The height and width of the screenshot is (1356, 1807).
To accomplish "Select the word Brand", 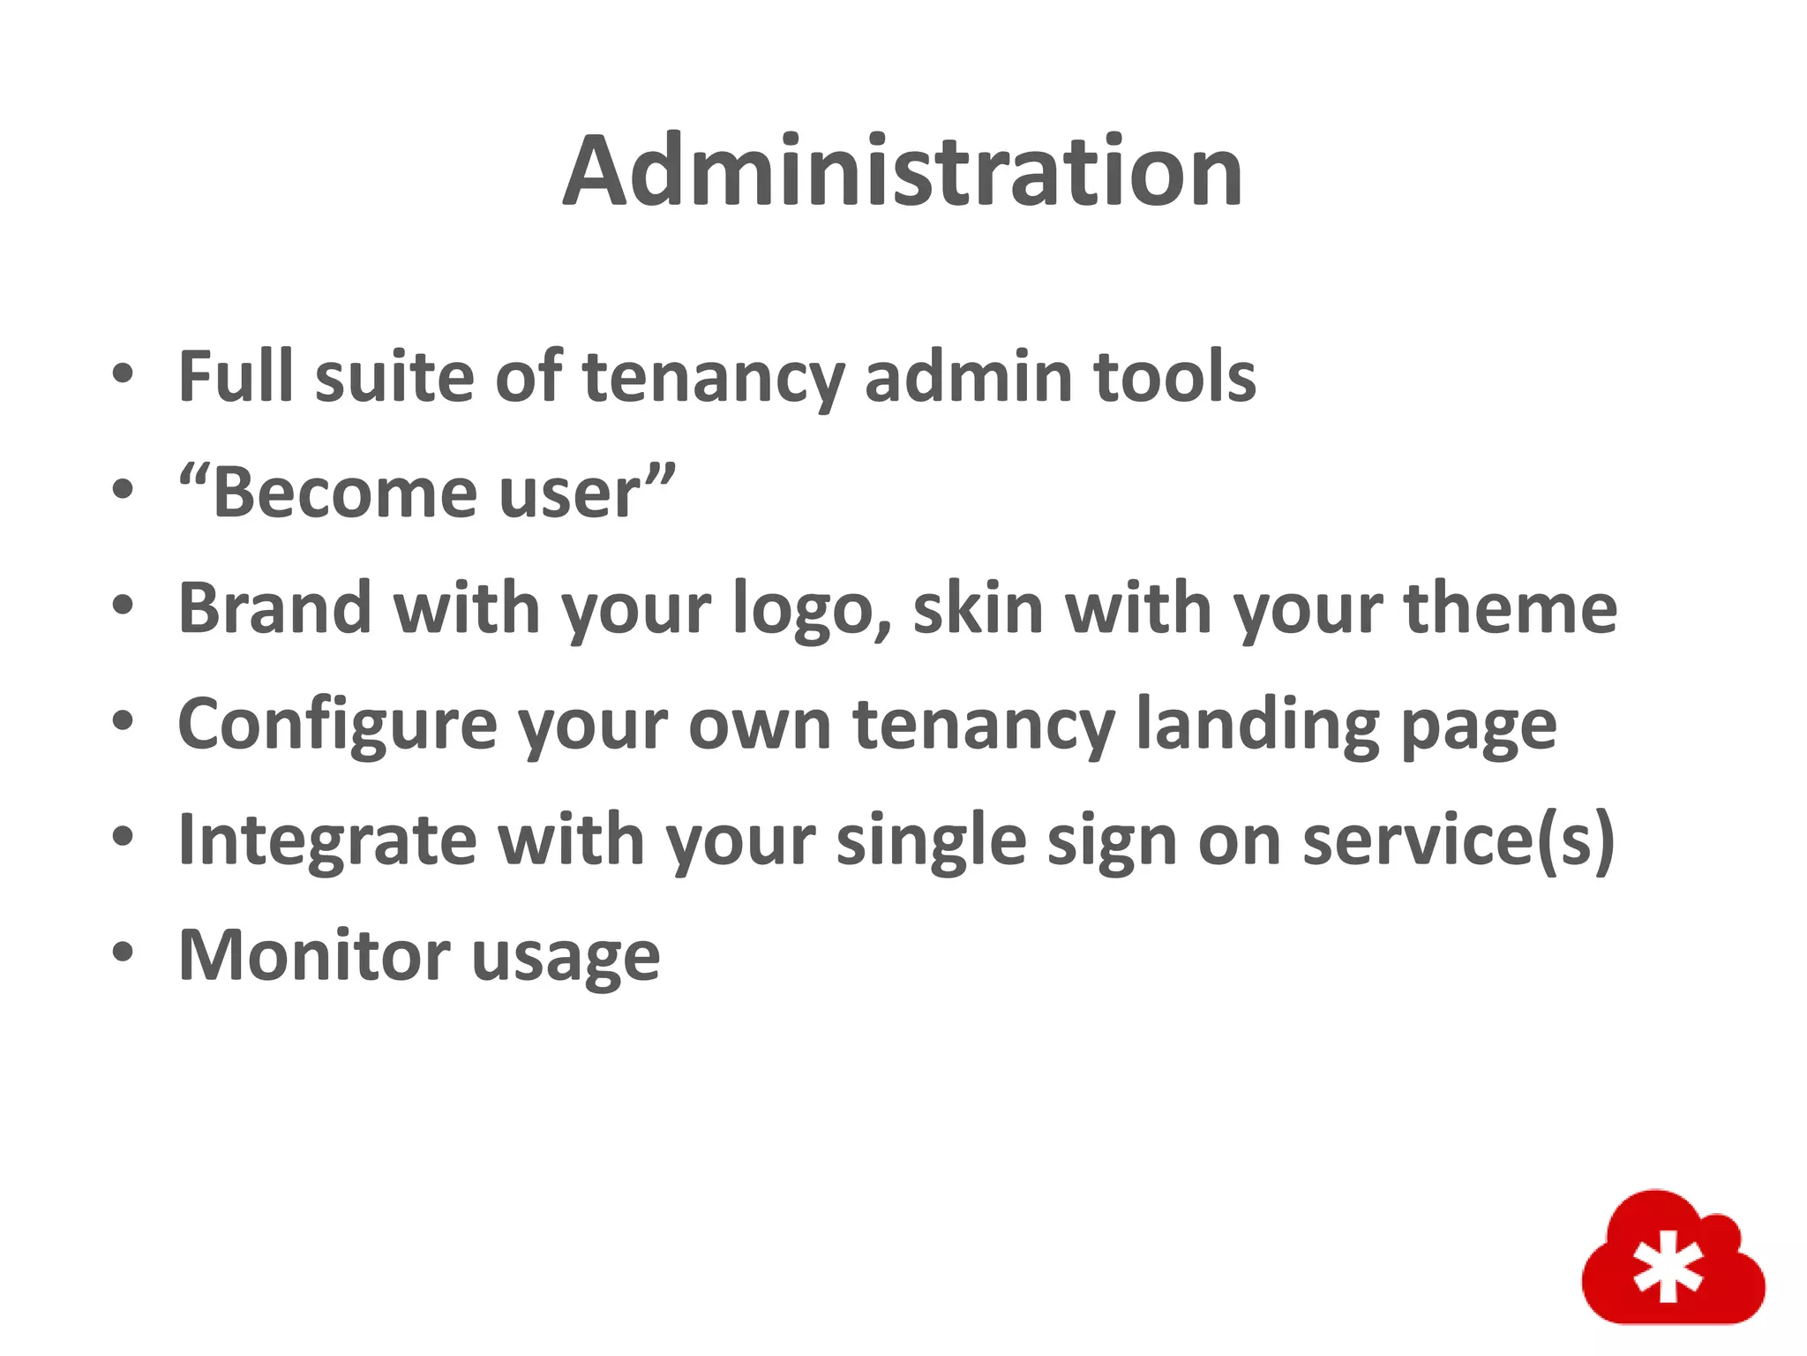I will pos(274,608).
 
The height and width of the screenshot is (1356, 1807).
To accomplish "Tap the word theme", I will pos(1510,608).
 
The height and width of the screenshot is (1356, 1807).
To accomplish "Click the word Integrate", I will pos(327,841).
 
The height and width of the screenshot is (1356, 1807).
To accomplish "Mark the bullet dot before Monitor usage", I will pos(124,953).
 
